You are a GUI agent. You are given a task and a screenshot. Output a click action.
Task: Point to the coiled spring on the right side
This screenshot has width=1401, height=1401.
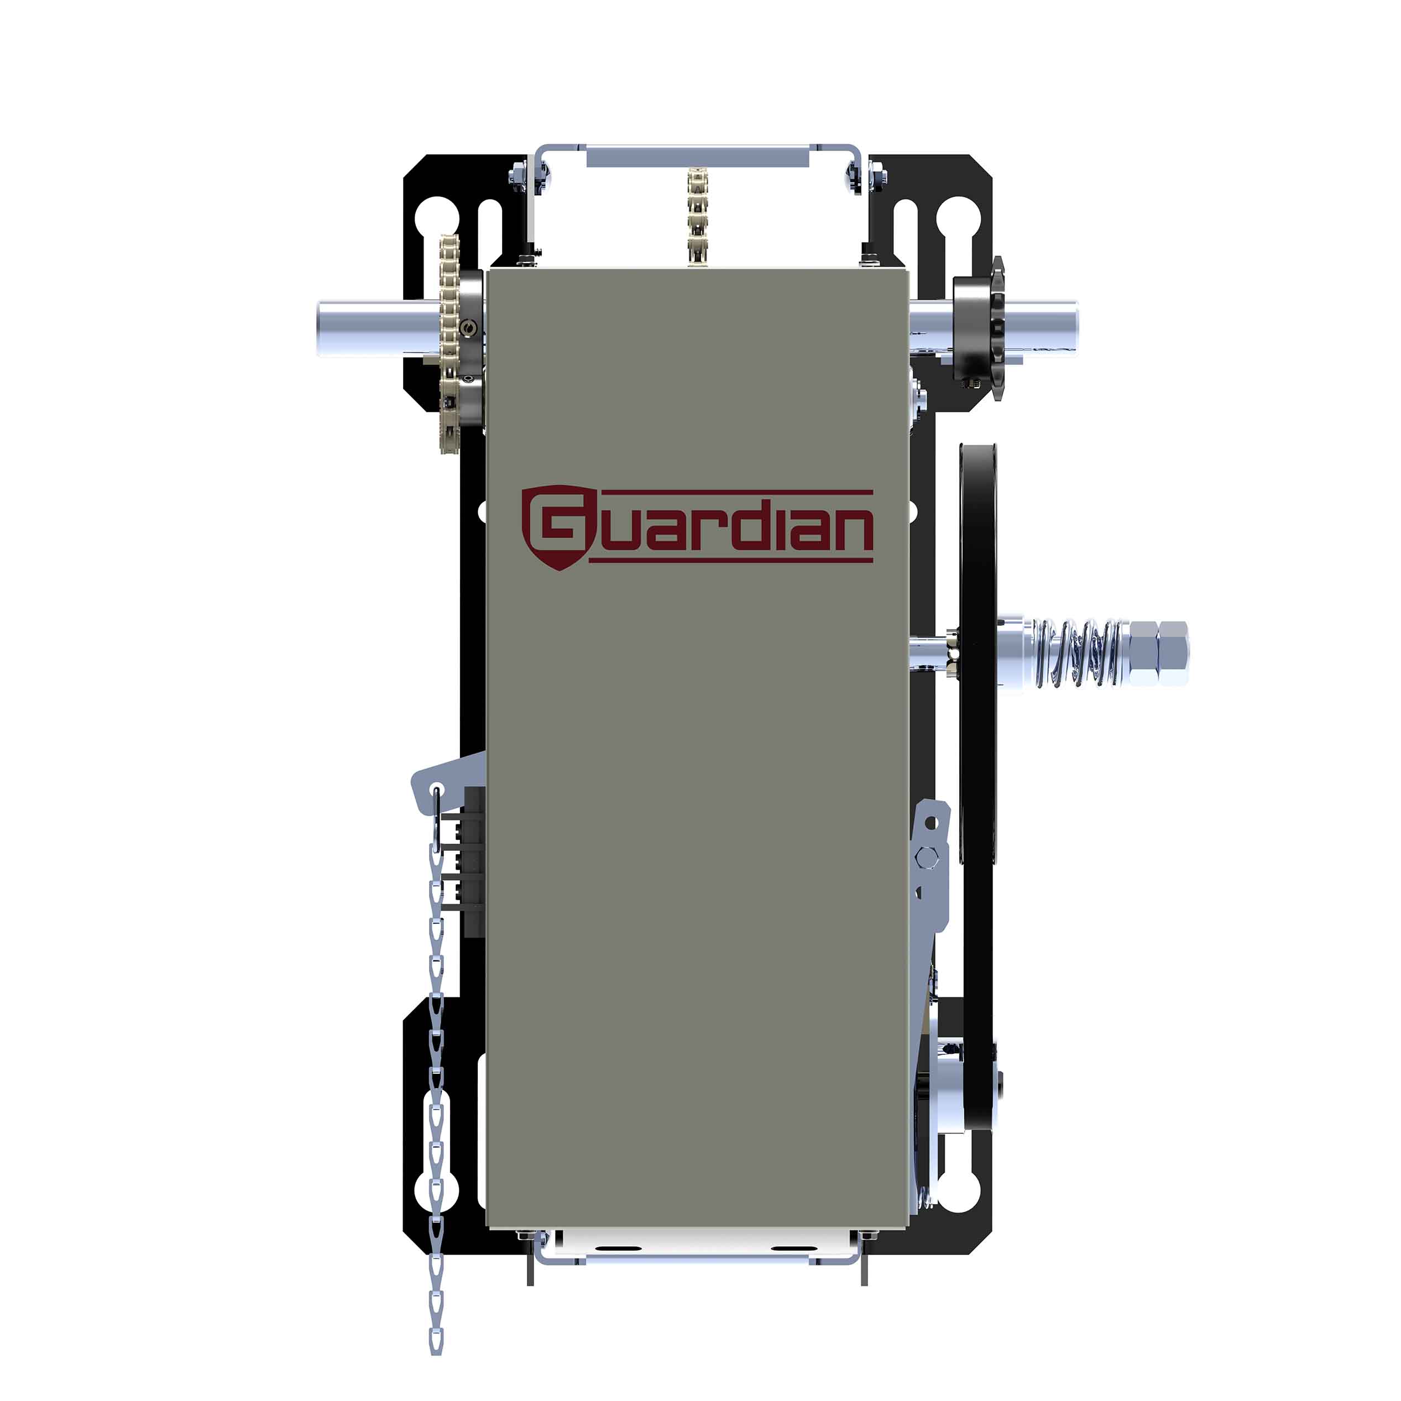point(1080,652)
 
